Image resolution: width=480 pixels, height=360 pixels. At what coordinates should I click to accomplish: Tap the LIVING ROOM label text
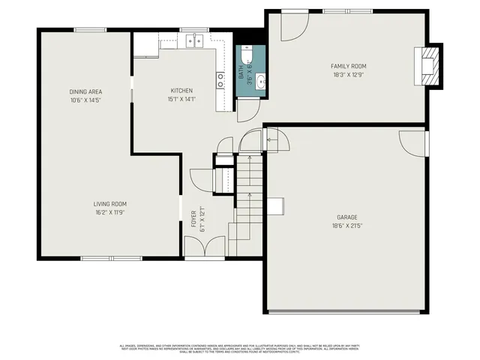[109, 204]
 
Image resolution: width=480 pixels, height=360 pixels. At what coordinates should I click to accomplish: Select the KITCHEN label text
[181, 91]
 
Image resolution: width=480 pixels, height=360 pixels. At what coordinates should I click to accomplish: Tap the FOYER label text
[193, 217]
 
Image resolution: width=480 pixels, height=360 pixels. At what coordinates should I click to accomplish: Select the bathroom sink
[259, 81]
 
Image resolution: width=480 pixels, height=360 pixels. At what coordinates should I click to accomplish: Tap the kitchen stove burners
[221, 80]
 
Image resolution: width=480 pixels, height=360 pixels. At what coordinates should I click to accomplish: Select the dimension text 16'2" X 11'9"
[109, 212]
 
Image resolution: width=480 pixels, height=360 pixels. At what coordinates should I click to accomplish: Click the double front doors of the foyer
[205, 246]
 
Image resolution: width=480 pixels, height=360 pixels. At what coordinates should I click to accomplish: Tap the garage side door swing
[413, 142]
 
